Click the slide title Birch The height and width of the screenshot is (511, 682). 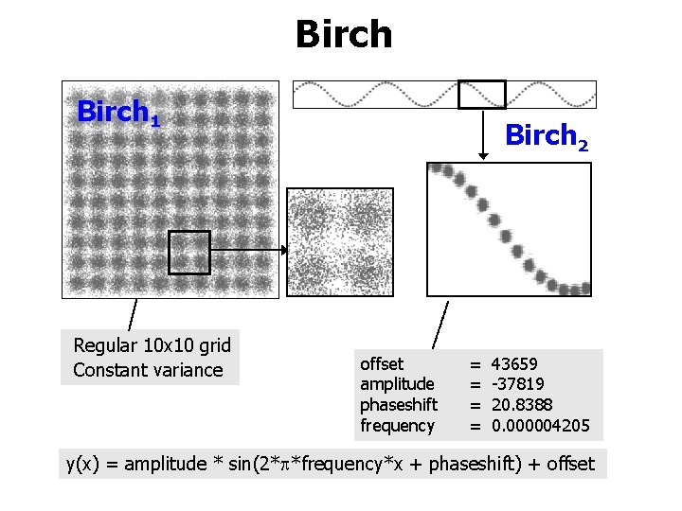343,35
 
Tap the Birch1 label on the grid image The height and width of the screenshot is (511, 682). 118,113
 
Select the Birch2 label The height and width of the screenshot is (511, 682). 547,137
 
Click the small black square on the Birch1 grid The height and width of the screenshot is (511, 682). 188,253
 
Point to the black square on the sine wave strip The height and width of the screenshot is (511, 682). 482,95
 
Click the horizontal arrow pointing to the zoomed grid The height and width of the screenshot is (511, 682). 248,251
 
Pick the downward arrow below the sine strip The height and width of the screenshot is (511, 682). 482,132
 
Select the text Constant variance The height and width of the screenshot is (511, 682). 148,370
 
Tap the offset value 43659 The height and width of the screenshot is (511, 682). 515,364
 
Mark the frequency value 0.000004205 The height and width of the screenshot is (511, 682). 540,426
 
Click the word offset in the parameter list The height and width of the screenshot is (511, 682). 382,364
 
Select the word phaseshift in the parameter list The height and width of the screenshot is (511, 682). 399,405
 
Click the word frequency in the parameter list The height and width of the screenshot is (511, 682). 397,426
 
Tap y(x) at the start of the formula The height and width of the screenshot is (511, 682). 83,464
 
